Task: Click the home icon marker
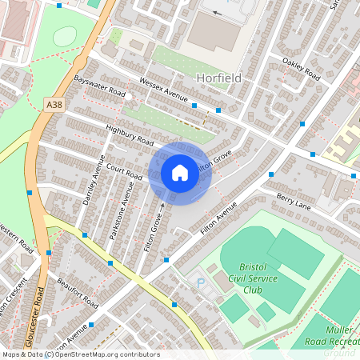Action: pyautogui.click(x=179, y=173)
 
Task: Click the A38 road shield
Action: pyautogui.click(x=54, y=105)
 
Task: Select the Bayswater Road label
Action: pyautogui.click(x=99, y=87)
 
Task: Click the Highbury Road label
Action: pyautogui.click(x=129, y=134)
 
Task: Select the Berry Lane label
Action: pyautogui.click(x=293, y=198)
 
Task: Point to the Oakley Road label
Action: pyautogui.click(x=301, y=69)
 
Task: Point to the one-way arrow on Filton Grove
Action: pyautogui.click(x=162, y=206)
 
